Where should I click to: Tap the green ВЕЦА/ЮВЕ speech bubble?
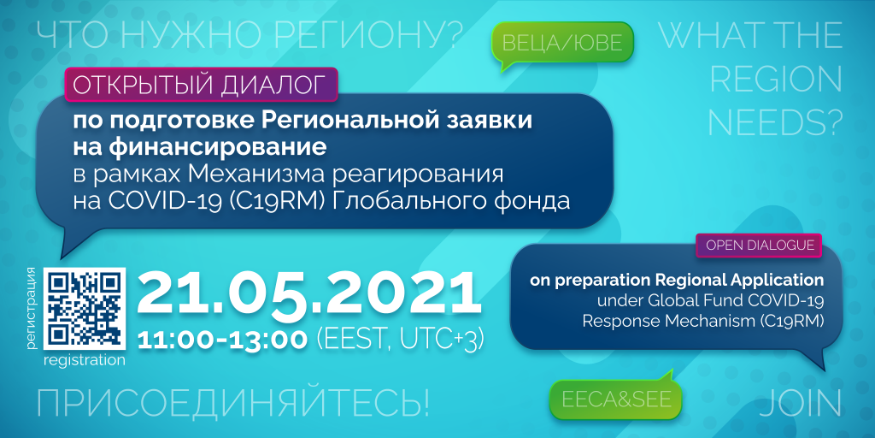click(562, 43)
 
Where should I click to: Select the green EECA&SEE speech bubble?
click(615, 399)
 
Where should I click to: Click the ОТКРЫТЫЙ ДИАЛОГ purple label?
click(201, 85)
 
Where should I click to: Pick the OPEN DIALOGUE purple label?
click(759, 246)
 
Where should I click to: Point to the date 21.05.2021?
click(308, 294)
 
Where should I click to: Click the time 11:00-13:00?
click(222, 340)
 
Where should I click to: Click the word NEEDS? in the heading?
click(774, 121)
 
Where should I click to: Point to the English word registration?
click(85, 361)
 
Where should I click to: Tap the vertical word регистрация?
click(32, 309)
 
